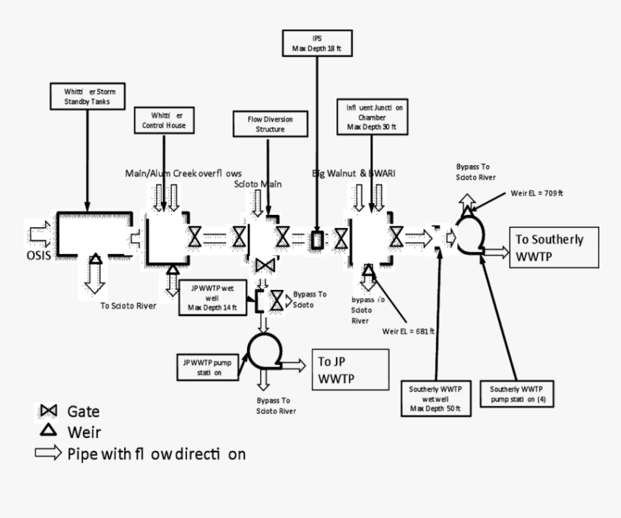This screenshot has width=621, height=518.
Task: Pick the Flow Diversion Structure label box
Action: [x=269, y=124]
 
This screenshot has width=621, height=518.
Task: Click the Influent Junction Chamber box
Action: [x=371, y=117]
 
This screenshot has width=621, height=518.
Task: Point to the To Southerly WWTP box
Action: [x=554, y=248]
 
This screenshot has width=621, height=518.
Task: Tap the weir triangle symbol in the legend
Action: [x=48, y=431]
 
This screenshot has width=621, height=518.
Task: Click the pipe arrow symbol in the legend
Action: [x=48, y=454]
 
